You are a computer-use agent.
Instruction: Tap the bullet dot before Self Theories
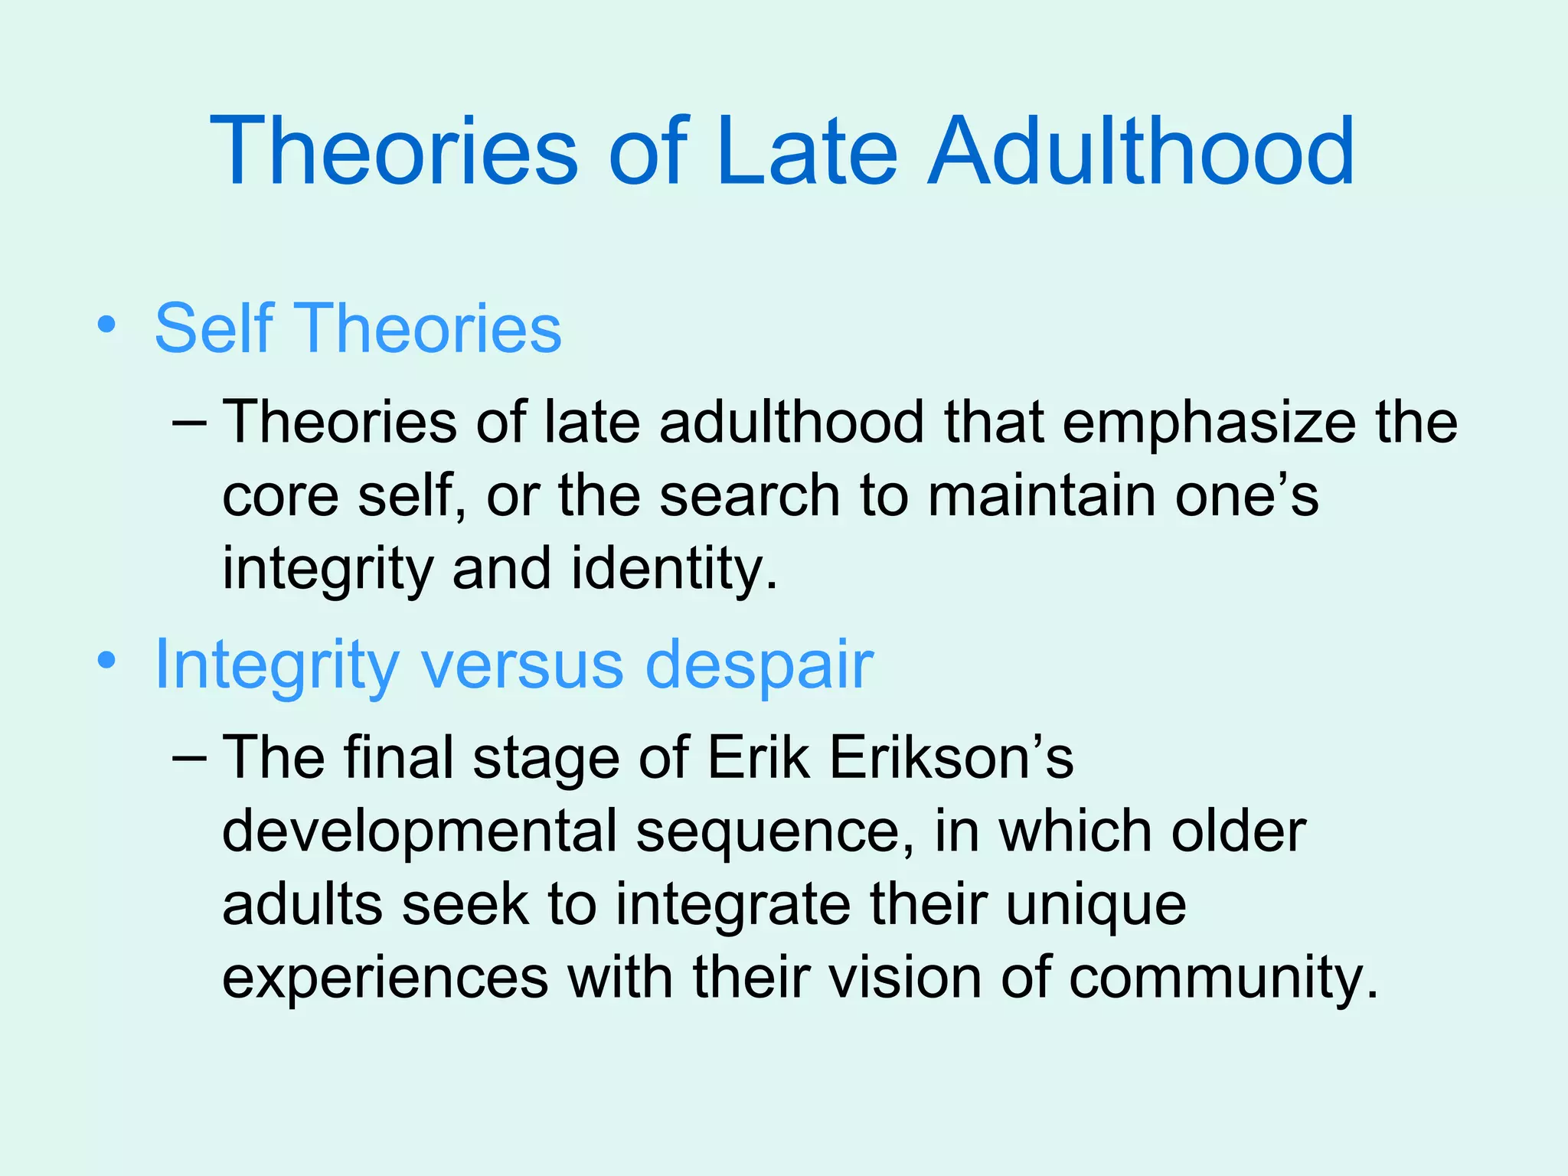[x=106, y=325]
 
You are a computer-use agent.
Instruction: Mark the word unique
[x=1096, y=906]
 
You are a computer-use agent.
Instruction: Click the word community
[x=1223, y=979]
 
